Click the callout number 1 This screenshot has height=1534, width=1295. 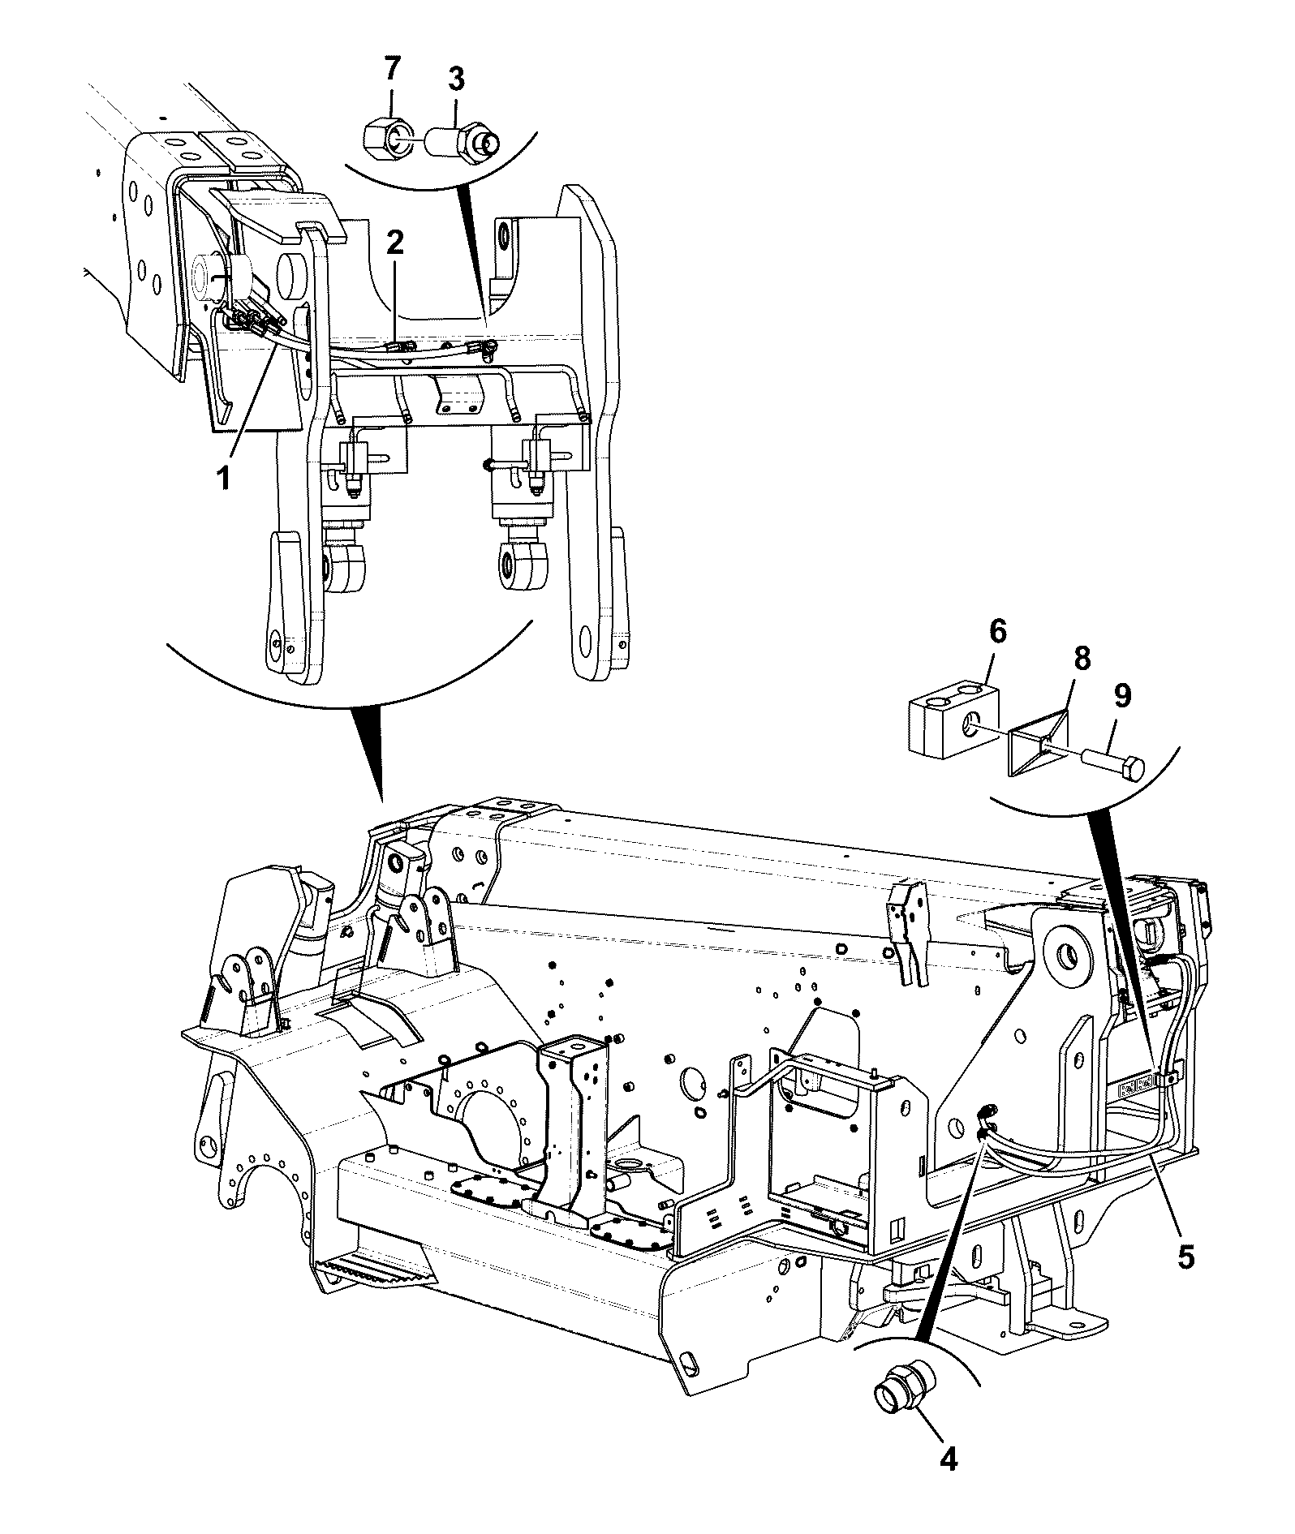coord(222,477)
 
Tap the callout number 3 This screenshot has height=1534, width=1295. coord(456,80)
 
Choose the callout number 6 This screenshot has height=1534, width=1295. coord(996,630)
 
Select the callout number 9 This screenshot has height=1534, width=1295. coord(1122,695)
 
